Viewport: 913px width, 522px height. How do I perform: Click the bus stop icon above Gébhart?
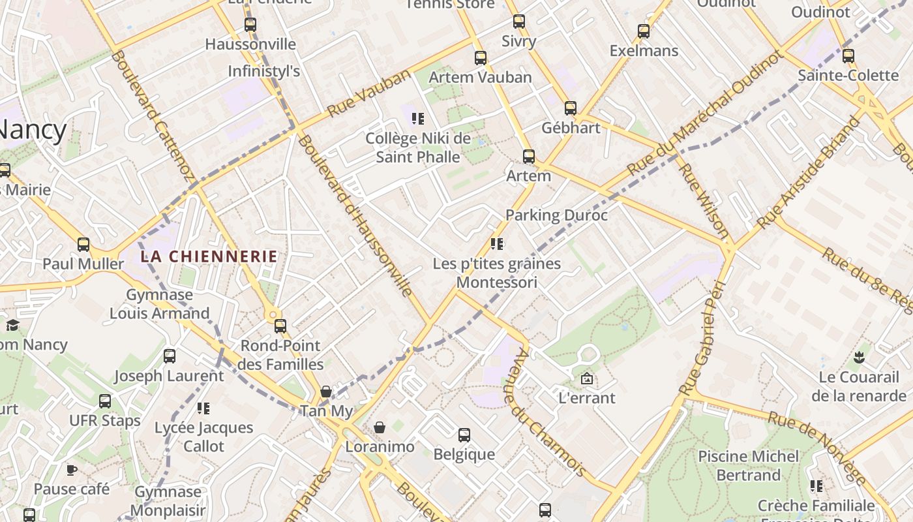click(x=571, y=108)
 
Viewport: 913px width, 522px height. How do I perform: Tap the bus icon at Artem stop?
click(x=529, y=157)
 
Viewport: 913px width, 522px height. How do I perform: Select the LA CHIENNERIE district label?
click(x=209, y=256)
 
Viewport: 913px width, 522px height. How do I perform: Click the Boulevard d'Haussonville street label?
click(x=355, y=215)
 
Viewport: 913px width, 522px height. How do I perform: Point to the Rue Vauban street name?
click(x=369, y=93)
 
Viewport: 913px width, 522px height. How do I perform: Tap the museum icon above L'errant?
click(x=586, y=378)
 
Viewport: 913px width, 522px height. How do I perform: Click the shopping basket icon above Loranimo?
click(x=380, y=427)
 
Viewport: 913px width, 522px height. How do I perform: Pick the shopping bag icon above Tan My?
click(x=326, y=391)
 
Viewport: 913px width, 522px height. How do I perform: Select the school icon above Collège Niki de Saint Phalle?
click(x=418, y=119)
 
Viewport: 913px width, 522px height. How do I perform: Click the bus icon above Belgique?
click(x=464, y=435)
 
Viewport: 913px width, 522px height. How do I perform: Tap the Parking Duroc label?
click(x=556, y=215)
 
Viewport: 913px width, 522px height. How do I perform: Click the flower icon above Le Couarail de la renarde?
click(x=858, y=358)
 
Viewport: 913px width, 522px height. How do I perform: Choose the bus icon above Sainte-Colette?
click(x=848, y=56)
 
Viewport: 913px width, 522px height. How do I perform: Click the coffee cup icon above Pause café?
click(x=72, y=470)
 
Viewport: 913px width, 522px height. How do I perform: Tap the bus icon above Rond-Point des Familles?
click(x=280, y=326)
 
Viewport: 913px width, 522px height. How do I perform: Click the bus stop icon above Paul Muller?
click(x=83, y=245)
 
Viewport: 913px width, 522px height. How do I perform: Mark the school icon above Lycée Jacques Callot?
click(x=203, y=408)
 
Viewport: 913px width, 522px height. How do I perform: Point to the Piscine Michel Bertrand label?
click(x=748, y=465)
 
